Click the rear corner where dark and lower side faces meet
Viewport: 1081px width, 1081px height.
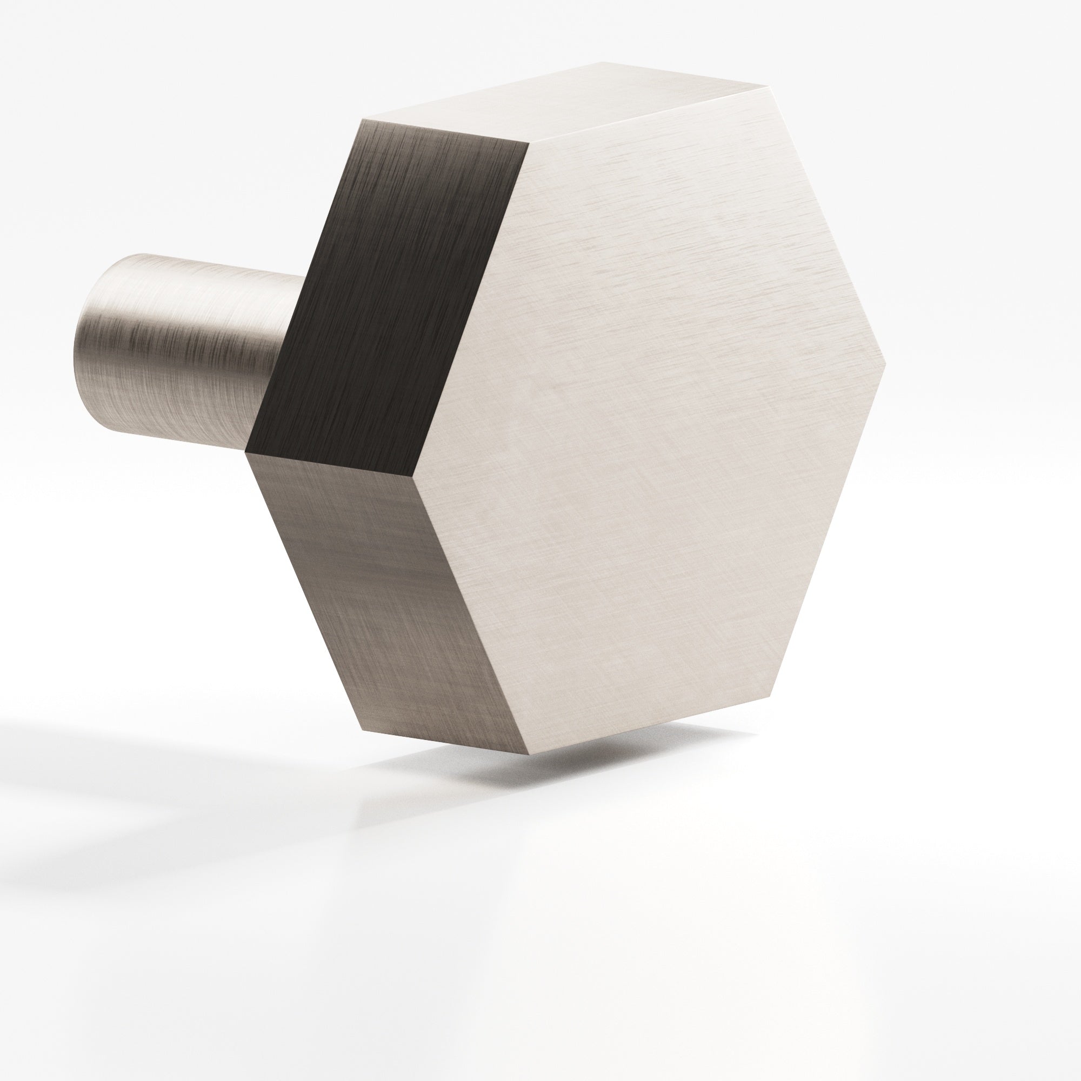point(246,451)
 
